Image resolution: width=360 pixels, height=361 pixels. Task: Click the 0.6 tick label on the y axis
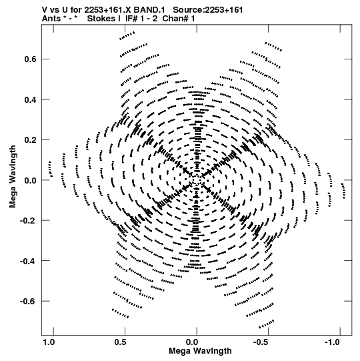(x=30, y=59)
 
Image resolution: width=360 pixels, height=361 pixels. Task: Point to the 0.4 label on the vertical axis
(x=30, y=100)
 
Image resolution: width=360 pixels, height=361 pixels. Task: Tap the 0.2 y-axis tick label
(x=30, y=140)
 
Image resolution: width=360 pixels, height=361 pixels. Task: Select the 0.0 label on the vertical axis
(x=30, y=181)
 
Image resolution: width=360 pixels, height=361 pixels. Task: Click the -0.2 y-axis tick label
(x=28, y=221)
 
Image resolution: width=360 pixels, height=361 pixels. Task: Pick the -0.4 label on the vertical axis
(x=28, y=262)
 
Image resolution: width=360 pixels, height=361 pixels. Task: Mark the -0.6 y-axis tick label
(x=28, y=302)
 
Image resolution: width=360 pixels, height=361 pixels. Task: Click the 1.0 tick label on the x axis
(x=49, y=342)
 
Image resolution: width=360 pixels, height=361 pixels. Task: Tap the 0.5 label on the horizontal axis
(x=120, y=342)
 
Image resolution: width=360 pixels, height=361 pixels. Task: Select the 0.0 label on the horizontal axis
(x=192, y=342)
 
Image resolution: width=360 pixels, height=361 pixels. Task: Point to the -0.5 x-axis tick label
(x=261, y=342)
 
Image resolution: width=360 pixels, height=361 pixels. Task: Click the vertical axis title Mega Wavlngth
(x=13, y=177)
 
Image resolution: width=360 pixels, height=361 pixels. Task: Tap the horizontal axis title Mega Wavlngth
(x=200, y=351)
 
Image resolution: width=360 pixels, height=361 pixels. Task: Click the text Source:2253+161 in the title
(x=208, y=10)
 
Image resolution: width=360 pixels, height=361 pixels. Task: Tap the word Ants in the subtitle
(x=51, y=19)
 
